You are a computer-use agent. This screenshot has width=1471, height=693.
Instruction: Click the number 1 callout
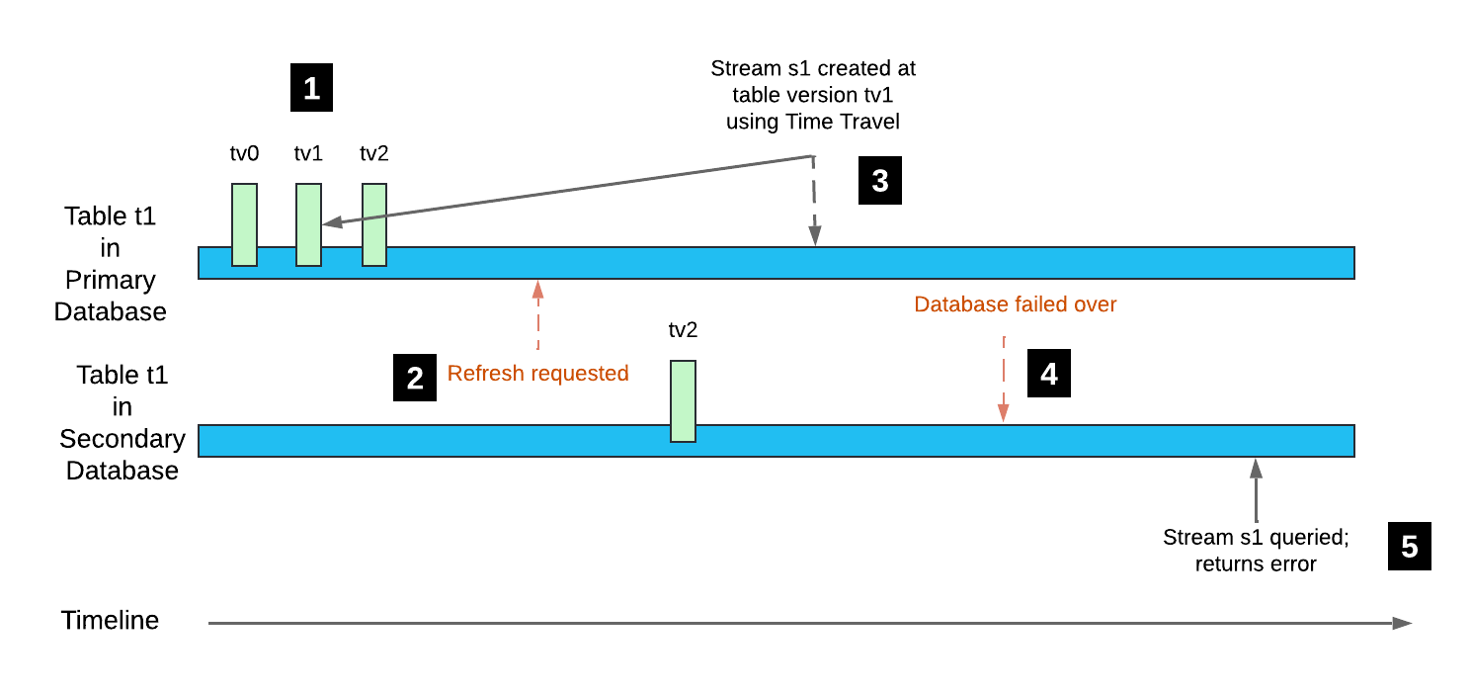click(x=311, y=89)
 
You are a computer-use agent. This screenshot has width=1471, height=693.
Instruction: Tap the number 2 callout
click(x=415, y=379)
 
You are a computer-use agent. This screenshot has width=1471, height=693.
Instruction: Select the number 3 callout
click(x=879, y=181)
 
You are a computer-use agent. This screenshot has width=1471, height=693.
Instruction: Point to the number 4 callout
click(x=1049, y=374)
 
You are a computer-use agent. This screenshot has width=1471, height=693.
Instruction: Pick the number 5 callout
click(x=1409, y=547)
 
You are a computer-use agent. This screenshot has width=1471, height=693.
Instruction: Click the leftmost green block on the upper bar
click(x=244, y=224)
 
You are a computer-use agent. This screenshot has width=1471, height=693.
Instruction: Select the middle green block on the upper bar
click(x=308, y=224)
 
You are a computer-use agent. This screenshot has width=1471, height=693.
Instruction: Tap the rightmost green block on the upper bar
click(x=374, y=224)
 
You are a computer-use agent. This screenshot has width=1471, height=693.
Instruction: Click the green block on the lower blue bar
click(x=683, y=400)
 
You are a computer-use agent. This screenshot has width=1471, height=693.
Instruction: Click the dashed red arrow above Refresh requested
click(x=538, y=314)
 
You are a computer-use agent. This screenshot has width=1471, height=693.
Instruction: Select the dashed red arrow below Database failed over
click(x=1004, y=381)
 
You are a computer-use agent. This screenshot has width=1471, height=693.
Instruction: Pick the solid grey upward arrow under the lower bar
click(x=1256, y=489)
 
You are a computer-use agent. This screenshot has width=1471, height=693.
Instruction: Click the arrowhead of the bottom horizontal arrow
click(x=1403, y=623)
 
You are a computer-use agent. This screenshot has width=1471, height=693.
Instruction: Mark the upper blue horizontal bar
click(x=776, y=263)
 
